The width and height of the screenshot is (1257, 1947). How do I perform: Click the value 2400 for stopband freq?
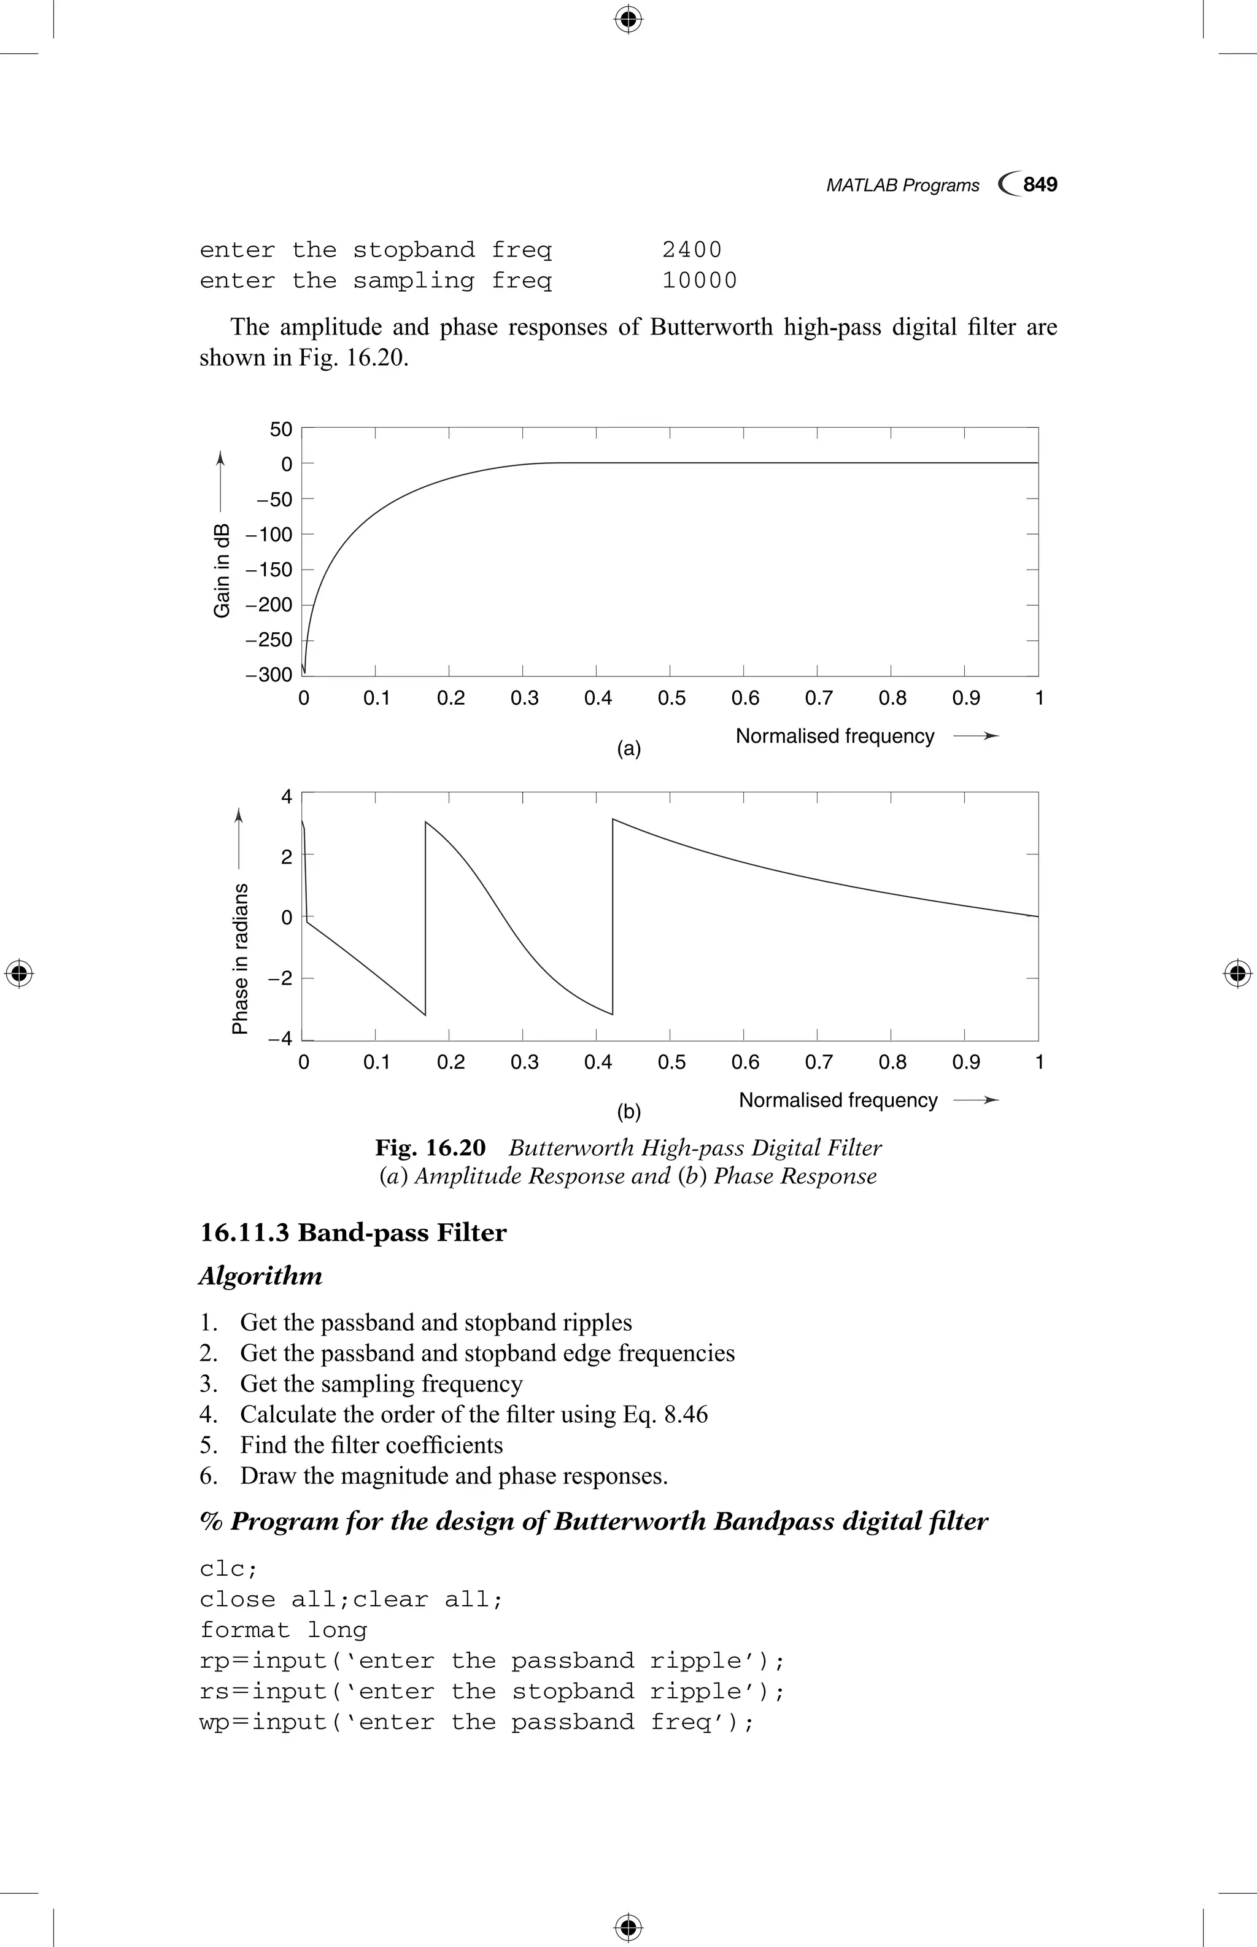click(x=691, y=250)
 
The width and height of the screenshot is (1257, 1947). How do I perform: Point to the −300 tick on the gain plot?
click(x=269, y=675)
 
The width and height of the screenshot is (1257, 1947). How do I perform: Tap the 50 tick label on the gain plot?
click(x=280, y=430)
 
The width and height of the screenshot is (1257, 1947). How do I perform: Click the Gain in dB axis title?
click(x=221, y=570)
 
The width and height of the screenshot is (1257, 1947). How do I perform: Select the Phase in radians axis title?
click(x=240, y=958)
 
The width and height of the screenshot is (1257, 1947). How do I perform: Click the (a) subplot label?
click(x=628, y=749)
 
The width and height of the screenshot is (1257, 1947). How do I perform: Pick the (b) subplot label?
click(x=628, y=1112)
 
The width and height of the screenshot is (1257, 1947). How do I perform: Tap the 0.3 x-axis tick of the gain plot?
click(x=524, y=699)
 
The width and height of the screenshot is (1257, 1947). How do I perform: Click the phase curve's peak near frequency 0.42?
click(x=613, y=819)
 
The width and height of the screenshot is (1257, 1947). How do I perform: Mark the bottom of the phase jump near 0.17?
click(x=425, y=1015)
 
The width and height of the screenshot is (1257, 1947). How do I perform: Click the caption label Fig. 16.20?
click(x=430, y=1148)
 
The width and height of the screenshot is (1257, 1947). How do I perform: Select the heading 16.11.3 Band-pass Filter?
click(x=353, y=1233)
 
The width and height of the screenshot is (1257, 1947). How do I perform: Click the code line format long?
click(x=283, y=1630)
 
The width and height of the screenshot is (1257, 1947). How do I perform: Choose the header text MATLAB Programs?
click(x=902, y=185)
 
